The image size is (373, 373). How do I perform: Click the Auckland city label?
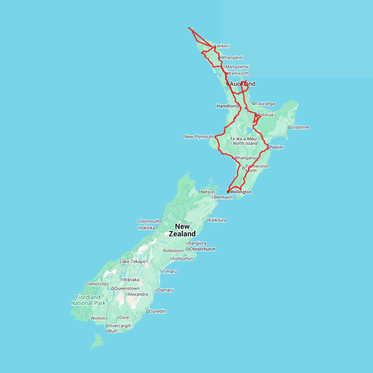point(242,84)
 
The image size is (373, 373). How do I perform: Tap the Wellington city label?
point(241,192)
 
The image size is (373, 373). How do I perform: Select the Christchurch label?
point(202,249)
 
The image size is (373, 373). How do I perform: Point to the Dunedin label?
point(157,311)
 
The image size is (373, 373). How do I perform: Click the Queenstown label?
point(127,288)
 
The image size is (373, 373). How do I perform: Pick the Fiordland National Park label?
point(88,300)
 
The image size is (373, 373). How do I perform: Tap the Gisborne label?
point(300,127)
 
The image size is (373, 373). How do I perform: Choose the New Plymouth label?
point(199,137)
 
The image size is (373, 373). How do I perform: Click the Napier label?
point(277,147)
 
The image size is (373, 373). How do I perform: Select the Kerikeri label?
point(221,46)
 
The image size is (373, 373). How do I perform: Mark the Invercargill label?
point(120,326)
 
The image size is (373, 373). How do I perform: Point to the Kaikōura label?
point(218,220)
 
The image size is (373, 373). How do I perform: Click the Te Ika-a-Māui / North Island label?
point(244,141)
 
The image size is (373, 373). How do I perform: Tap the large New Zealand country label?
point(182,230)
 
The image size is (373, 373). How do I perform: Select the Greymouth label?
point(148,221)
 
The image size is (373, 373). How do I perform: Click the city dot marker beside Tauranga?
point(254,104)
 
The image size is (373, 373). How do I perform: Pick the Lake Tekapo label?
point(132,262)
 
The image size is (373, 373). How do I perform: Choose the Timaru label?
point(170,271)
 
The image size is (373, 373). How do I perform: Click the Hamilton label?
point(226,106)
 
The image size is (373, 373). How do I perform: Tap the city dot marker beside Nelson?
point(199,192)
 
